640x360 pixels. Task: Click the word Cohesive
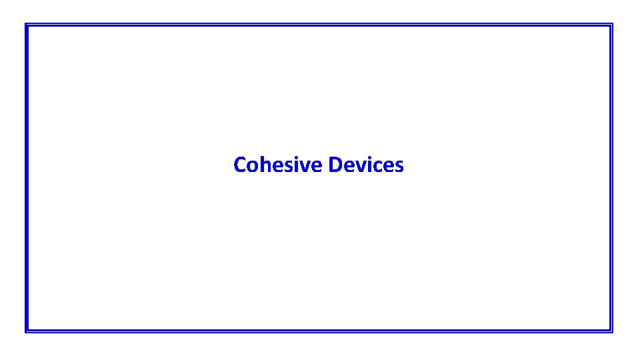279,165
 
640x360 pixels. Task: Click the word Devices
366,165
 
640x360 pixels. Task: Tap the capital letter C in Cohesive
239,165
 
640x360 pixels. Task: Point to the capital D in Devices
335,165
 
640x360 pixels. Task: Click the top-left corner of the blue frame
27,25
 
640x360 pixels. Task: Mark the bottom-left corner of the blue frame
27,331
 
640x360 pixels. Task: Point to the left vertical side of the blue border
27,178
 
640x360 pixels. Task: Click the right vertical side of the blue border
611,178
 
